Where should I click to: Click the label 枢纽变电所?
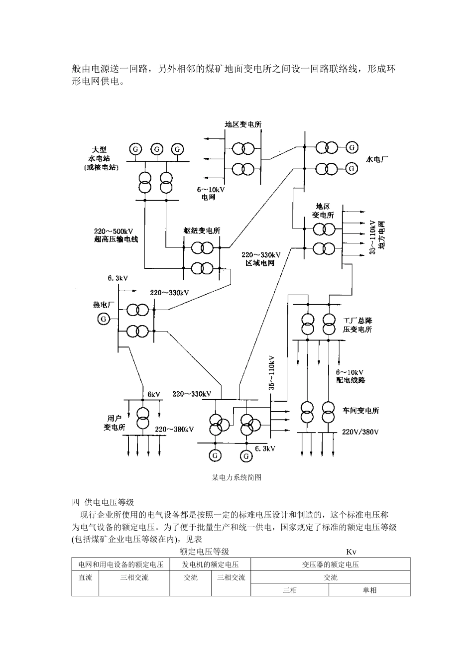tap(202, 231)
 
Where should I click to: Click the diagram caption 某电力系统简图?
tap(236, 477)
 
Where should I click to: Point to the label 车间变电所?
tap(360, 411)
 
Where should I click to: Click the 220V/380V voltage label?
tap(360, 432)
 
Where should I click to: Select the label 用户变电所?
tap(114, 423)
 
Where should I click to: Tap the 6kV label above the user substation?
tap(153, 394)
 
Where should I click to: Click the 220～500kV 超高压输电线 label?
tap(116, 235)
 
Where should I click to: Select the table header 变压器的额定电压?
tap(330, 564)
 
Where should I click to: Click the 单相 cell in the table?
tap(369, 590)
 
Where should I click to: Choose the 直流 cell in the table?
tap(85, 577)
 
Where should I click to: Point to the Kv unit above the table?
tap(352, 552)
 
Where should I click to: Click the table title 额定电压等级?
tap(204, 552)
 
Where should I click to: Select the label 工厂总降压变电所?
tap(357, 325)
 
